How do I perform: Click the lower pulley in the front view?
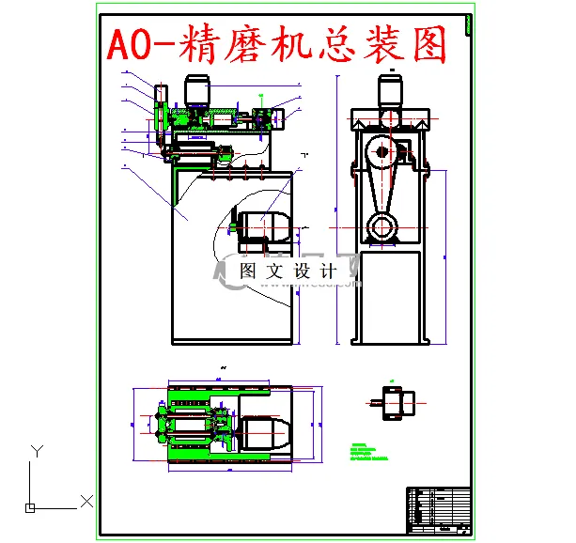(380, 225)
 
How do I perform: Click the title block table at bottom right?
(437, 509)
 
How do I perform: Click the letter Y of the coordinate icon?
(36, 450)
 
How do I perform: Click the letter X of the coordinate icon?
(86, 501)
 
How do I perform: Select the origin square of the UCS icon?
(30, 508)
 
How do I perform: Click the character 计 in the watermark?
(328, 271)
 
